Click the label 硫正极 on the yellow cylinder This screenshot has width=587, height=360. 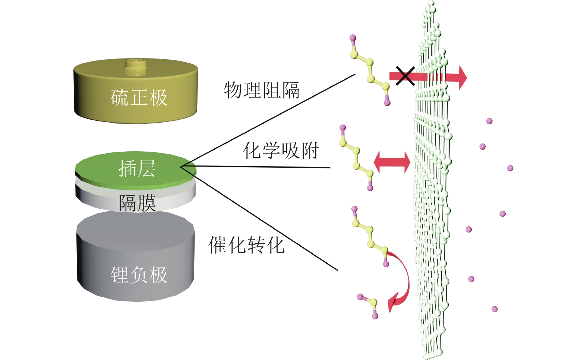139,98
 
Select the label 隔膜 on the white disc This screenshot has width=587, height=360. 137,203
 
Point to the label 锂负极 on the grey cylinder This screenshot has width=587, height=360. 139,275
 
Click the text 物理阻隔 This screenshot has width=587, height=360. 262,90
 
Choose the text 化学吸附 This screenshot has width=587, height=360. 281,151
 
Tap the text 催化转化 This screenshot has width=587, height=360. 246,245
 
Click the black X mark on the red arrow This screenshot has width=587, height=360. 405,76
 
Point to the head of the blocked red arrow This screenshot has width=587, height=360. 462,78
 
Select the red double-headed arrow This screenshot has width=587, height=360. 392,162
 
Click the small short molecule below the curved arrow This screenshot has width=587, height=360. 369,305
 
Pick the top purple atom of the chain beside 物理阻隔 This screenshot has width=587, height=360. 353,38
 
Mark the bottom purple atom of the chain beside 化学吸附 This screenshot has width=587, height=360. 370,188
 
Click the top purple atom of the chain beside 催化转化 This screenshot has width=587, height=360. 354,209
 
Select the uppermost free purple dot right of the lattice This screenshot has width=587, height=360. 489,121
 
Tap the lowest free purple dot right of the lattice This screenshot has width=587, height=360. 495,309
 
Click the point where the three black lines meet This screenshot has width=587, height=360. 182,167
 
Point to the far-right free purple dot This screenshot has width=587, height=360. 510,168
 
